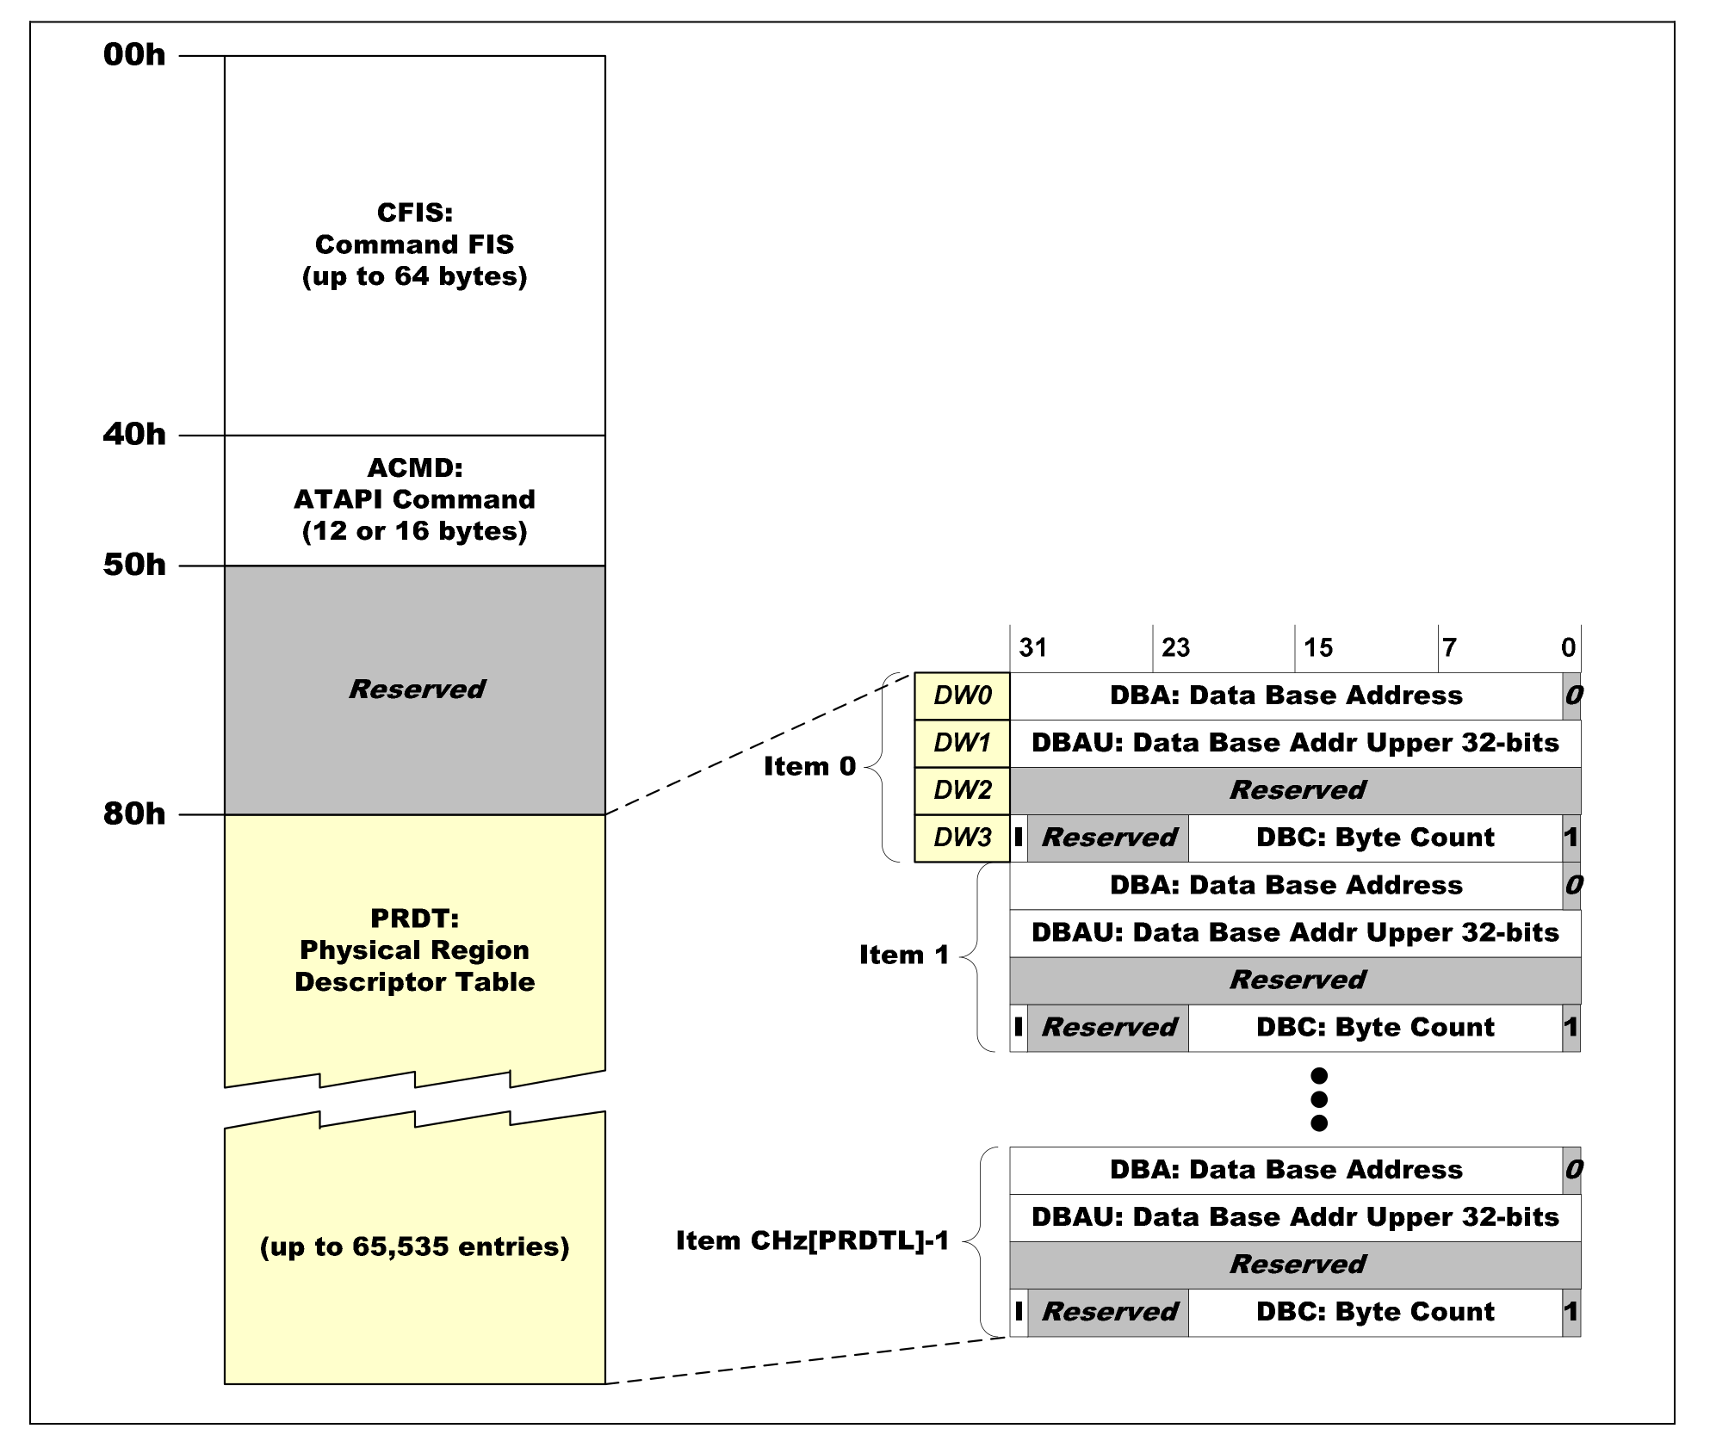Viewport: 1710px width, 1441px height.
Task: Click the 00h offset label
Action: pos(134,55)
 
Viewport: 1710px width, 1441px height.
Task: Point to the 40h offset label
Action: pos(134,435)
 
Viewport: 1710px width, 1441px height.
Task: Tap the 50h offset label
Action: pos(134,565)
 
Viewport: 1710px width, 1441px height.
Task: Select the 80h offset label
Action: pos(134,813)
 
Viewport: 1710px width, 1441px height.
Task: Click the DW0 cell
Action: pos(962,696)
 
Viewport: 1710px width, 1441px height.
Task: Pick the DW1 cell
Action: pos(962,743)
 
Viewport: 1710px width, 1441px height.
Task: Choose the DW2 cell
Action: pos(962,790)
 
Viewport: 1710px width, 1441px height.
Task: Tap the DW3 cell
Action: pos(962,838)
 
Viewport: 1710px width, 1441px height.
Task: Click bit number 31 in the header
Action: pos(1033,647)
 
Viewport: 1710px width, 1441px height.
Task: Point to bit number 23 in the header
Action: pos(1175,647)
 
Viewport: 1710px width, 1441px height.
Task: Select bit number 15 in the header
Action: pos(1318,647)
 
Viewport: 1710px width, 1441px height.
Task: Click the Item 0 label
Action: pos(809,766)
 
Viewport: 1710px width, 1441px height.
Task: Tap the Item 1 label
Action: pos(904,955)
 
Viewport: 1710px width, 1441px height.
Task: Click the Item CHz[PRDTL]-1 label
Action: pos(812,1240)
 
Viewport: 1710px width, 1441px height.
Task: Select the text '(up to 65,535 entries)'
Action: pos(415,1246)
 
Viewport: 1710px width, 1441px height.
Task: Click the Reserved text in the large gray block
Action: pos(417,689)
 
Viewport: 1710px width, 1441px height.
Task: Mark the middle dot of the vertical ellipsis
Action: pos(1318,1099)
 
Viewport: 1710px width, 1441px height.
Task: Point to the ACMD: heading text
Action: pos(415,467)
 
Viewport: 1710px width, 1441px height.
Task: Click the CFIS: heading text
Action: pos(415,213)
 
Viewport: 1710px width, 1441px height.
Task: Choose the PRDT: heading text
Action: pos(415,918)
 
